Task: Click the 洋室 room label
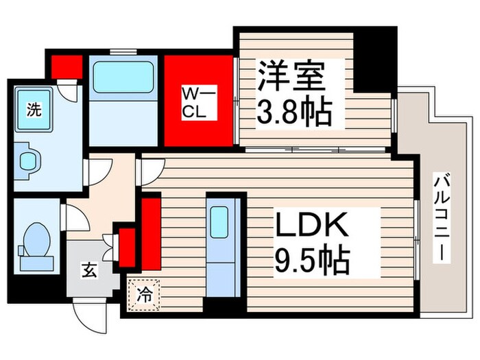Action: [291, 74]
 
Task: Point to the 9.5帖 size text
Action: [313, 260]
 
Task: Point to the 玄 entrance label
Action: [91, 269]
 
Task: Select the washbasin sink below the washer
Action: [29, 160]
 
